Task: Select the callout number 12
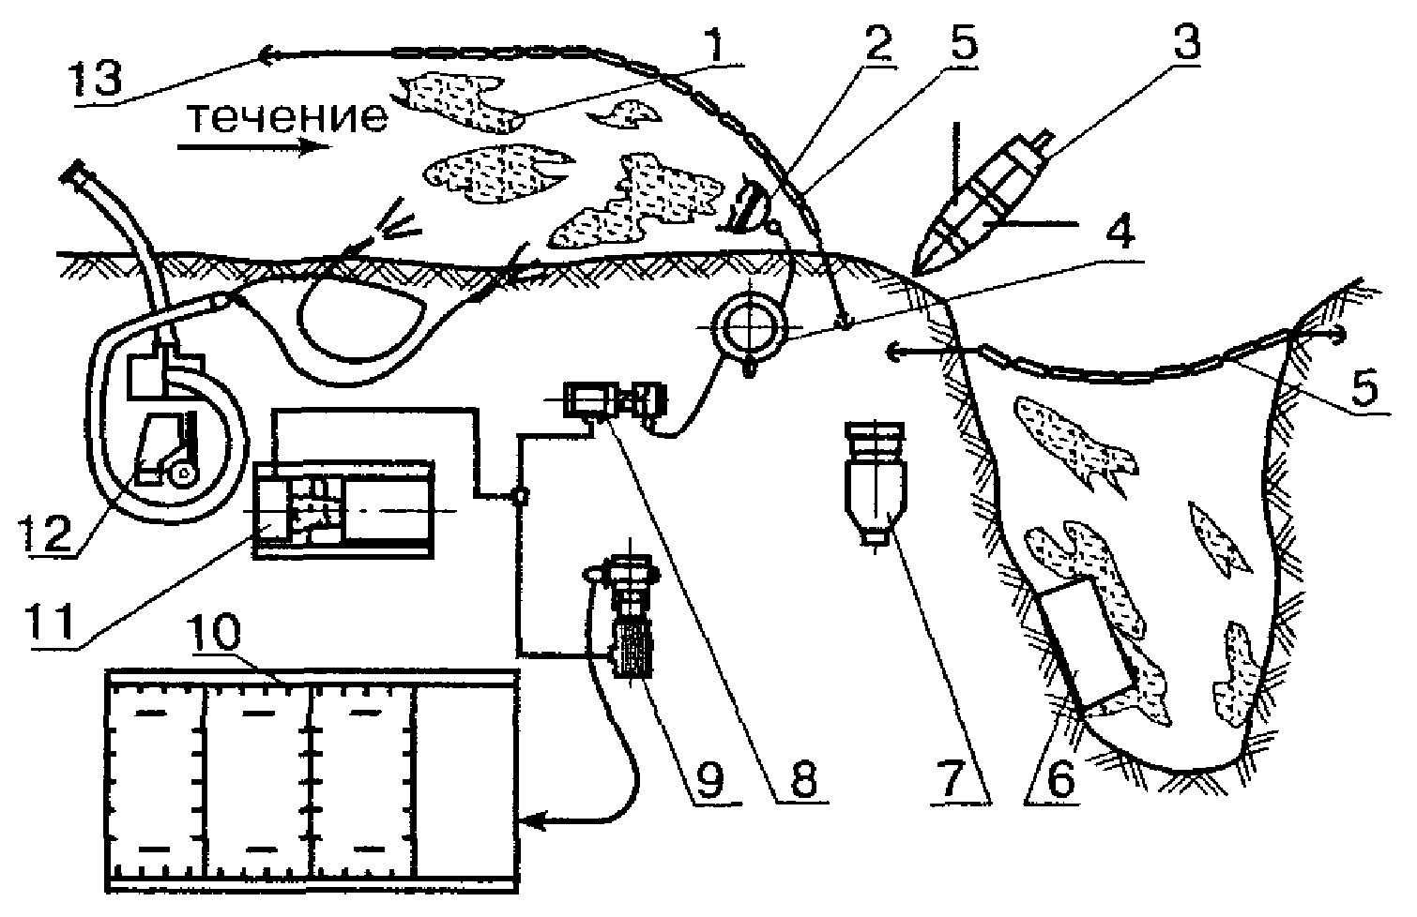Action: click(x=41, y=532)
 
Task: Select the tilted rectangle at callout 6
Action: click(x=1084, y=642)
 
